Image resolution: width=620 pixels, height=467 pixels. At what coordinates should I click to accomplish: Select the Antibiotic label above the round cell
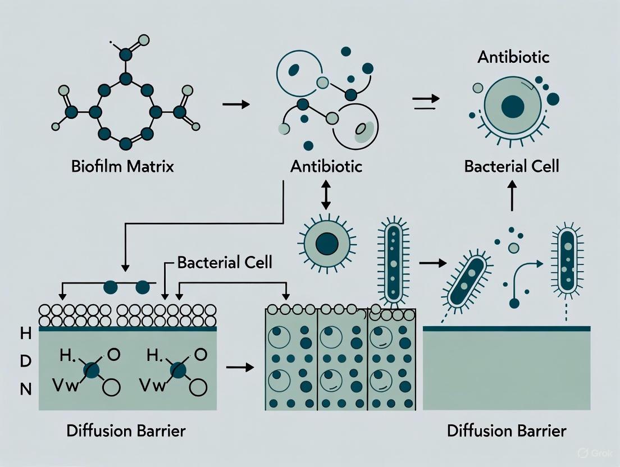(x=512, y=57)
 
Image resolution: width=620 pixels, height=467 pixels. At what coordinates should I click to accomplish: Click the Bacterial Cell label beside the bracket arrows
(x=224, y=262)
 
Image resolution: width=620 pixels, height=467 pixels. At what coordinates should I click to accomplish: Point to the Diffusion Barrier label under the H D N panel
(x=126, y=431)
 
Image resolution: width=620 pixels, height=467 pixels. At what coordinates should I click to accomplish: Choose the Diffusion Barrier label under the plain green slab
(x=507, y=431)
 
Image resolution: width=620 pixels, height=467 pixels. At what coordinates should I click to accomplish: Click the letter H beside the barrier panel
(x=25, y=335)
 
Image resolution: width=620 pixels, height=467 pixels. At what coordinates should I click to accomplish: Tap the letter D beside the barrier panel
(x=25, y=361)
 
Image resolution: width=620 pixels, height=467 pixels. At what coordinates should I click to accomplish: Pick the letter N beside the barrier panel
(x=25, y=389)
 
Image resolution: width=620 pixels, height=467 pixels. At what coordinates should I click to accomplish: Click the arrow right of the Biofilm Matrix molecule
(x=236, y=104)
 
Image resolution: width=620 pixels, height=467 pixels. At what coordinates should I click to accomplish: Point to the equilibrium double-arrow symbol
(x=425, y=99)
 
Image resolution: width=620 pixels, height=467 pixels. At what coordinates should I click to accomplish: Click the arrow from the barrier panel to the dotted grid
(x=239, y=367)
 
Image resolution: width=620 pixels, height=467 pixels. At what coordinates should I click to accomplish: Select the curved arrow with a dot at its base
(x=525, y=281)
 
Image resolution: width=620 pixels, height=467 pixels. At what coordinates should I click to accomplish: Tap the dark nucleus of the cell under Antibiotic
(x=512, y=107)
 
